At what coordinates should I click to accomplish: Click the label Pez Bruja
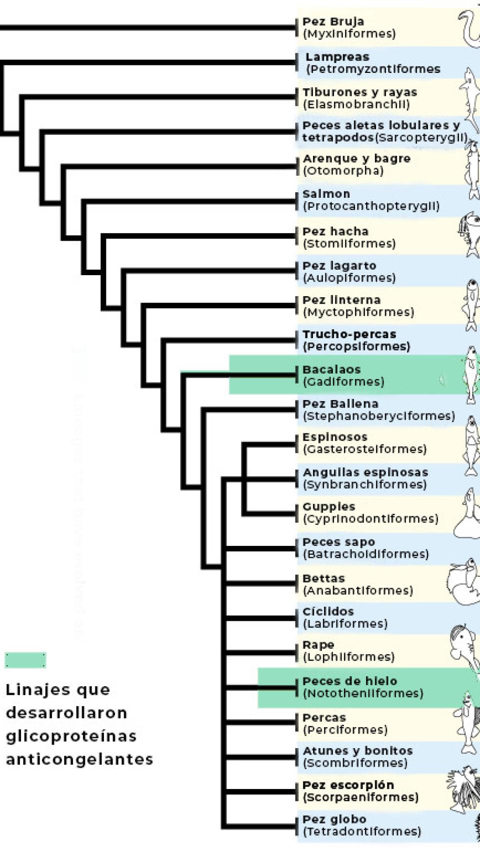(x=333, y=22)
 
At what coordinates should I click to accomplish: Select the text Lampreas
(x=337, y=57)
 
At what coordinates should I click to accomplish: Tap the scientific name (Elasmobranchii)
(x=356, y=104)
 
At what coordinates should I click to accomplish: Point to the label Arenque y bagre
(x=356, y=158)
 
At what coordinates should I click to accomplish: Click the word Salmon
(x=326, y=194)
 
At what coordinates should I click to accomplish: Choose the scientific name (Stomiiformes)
(x=349, y=244)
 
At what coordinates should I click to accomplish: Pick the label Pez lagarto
(x=339, y=266)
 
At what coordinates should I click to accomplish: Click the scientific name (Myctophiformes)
(x=358, y=312)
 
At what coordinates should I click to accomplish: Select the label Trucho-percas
(x=349, y=334)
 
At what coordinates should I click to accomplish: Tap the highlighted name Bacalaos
(x=331, y=370)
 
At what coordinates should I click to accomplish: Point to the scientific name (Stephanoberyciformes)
(x=378, y=416)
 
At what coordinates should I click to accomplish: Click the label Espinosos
(x=334, y=437)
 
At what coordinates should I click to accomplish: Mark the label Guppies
(x=328, y=506)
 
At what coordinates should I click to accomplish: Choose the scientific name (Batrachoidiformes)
(x=365, y=554)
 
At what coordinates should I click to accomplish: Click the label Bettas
(x=323, y=578)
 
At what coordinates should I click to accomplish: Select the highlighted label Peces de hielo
(x=349, y=681)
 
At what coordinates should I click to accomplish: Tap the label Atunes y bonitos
(x=357, y=751)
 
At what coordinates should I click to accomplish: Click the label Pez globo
(x=334, y=819)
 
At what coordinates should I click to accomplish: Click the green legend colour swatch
(x=25, y=660)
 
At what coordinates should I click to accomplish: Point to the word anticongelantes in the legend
(x=79, y=759)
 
